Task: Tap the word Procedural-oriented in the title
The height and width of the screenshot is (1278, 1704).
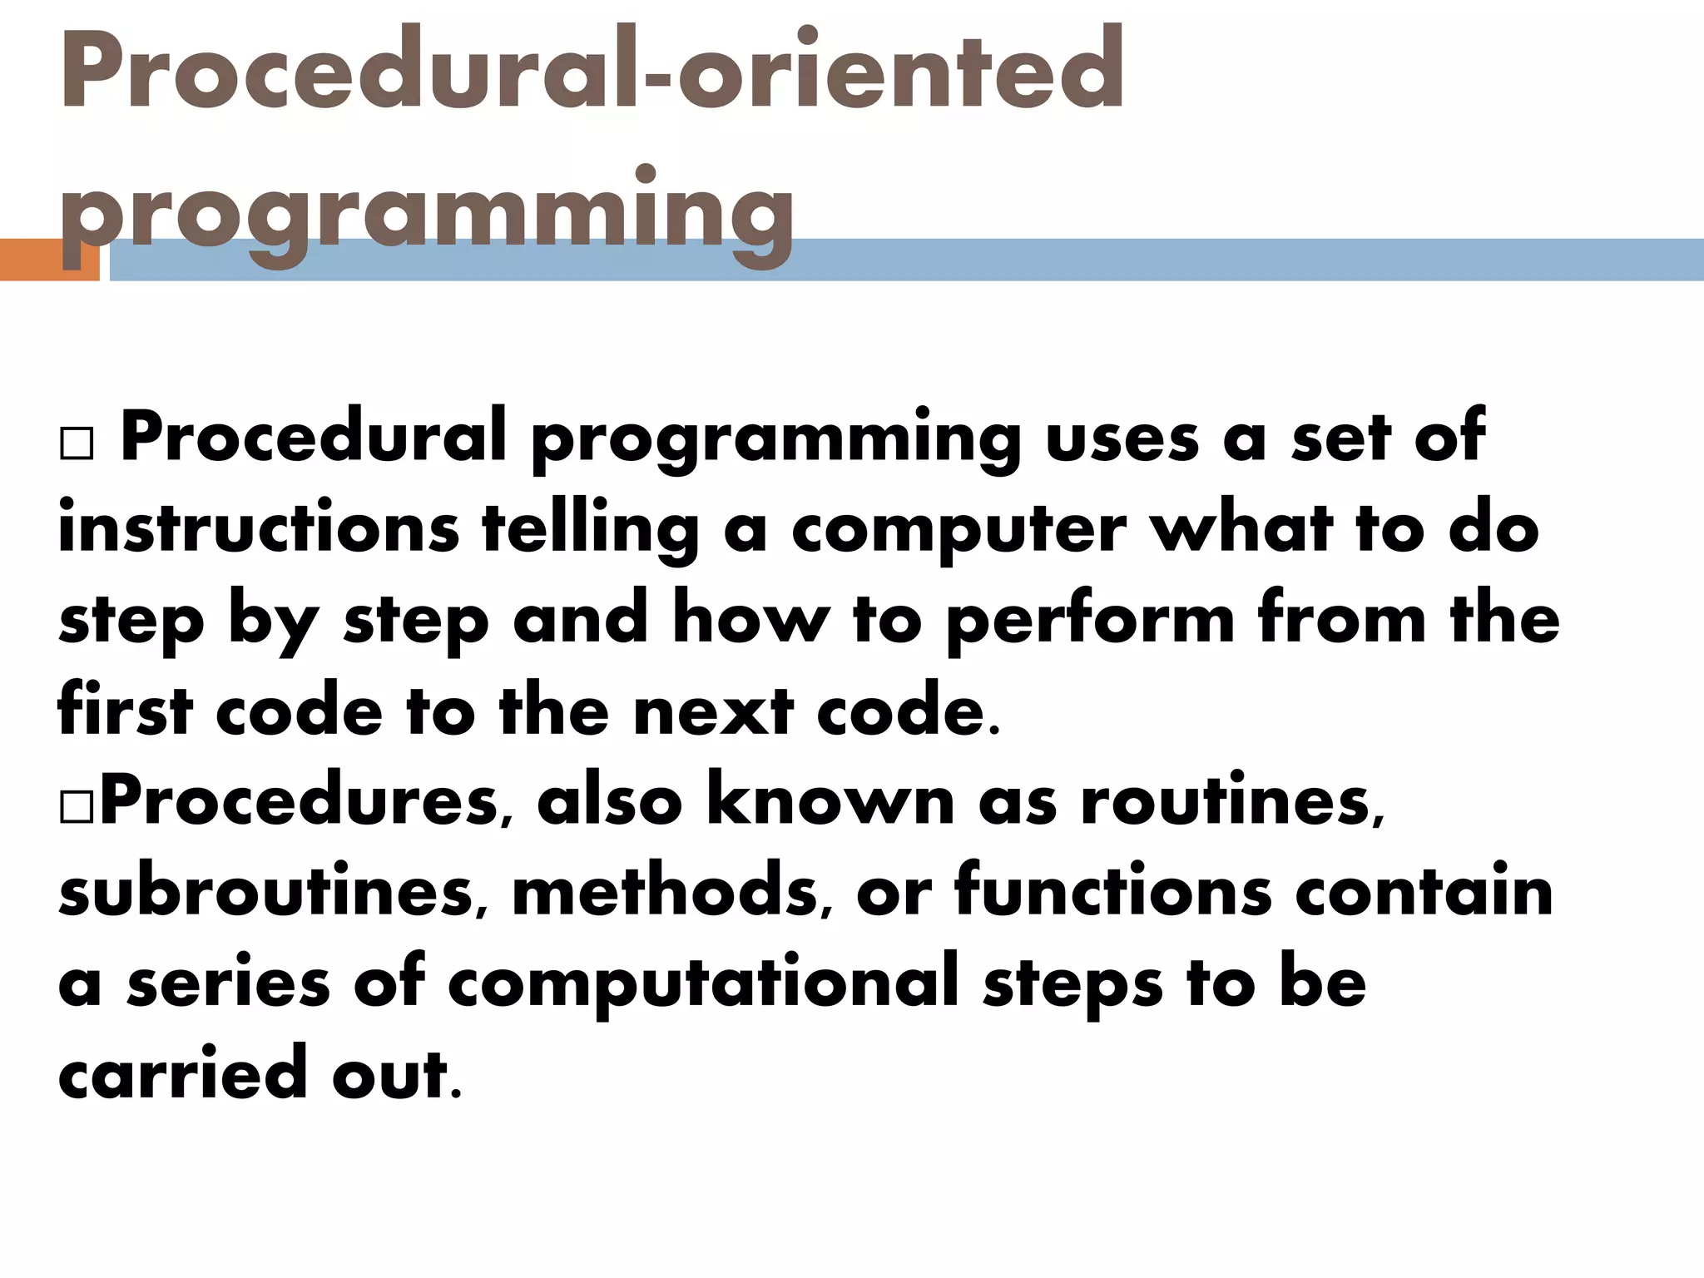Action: point(591,70)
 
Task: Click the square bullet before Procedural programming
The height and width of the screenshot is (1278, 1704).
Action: point(77,445)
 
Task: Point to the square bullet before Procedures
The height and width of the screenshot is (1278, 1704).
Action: point(77,809)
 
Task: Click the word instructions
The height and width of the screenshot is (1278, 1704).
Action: point(259,529)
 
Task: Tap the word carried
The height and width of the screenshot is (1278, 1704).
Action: point(182,1073)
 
